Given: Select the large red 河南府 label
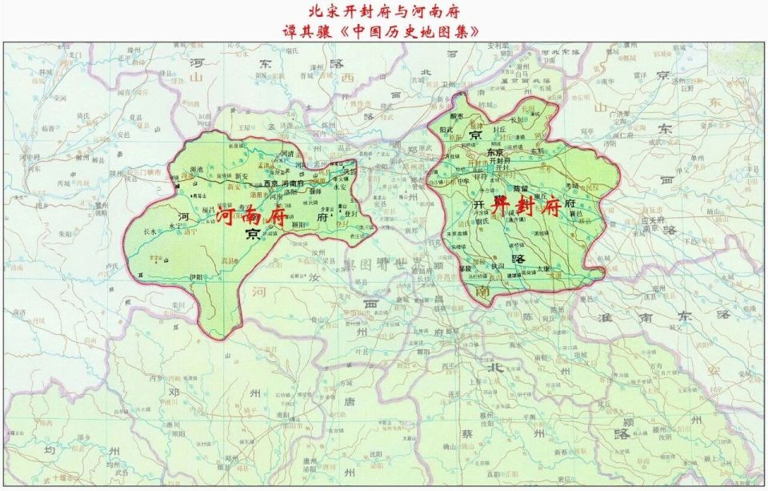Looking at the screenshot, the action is click(x=252, y=215).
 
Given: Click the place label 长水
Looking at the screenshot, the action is click(x=150, y=231).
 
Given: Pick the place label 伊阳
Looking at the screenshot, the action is click(x=197, y=277).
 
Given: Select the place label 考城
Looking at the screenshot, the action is click(x=571, y=185).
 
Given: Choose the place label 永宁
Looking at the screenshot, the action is click(x=177, y=226).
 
